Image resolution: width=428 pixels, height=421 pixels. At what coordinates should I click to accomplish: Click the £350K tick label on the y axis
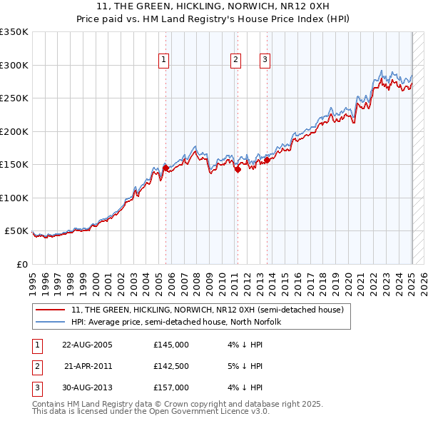click(14, 32)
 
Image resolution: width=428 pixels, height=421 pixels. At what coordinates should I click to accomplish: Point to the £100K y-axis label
click(14, 198)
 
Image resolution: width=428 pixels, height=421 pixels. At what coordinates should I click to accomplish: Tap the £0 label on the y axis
click(21, 264)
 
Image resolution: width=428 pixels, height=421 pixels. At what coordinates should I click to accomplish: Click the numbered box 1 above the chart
click(165, 60)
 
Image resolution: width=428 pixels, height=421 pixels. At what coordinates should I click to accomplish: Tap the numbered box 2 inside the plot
click(235, 60)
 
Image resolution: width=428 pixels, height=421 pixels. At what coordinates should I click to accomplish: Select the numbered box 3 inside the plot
click(265, 60)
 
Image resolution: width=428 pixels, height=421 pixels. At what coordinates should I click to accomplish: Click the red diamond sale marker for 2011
click(238, 170)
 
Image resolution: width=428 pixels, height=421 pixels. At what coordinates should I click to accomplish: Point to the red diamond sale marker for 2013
click(268, 160)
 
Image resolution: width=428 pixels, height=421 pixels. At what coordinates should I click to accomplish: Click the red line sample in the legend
click(50, 310)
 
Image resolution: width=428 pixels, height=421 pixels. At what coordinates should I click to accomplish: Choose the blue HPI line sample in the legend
click(50, 322)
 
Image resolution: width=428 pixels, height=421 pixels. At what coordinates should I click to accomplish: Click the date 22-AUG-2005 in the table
click(88, 345)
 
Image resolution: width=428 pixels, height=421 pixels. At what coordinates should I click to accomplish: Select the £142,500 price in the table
click(171, 366)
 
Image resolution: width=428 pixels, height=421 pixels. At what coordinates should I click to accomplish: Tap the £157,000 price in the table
click(171, 387)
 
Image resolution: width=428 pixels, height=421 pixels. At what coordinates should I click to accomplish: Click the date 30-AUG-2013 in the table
click(88, 387)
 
